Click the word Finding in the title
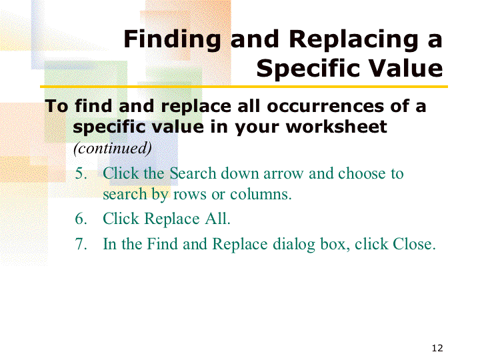click(172, 40)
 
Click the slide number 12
click(437, 348)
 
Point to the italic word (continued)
click(113, 148)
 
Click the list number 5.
click(81, 173)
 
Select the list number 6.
click(81, 219)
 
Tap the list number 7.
click(81, 244)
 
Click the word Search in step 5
click(193, 173)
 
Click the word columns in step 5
click(261, 194)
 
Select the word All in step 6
click(217, 219)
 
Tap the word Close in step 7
click(414, 244)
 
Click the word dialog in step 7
click(294, 245)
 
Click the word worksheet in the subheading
click(337, 127)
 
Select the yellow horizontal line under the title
click(244, 87)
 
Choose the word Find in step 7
click(162, 244)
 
